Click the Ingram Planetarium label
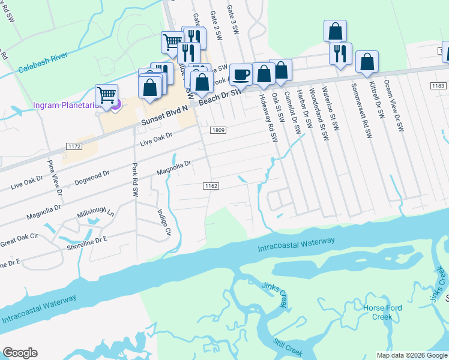coord(58,106)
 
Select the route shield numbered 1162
coord(210,186)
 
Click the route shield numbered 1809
coord(217,130)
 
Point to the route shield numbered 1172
coord(74,146)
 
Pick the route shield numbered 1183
coord(438,86)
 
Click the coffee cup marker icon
coord(241,75)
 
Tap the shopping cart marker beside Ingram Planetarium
coord(106,95)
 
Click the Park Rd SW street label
coord(135,179)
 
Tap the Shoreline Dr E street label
coord(87,239)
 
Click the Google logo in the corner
coord(20,353)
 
